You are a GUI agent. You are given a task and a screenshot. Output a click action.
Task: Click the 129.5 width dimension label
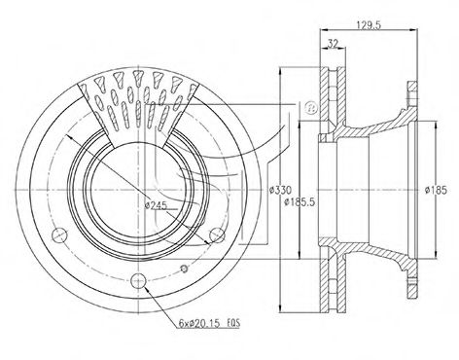(x=369, y=25)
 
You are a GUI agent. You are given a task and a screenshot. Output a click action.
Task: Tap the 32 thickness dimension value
(x=333, y=43)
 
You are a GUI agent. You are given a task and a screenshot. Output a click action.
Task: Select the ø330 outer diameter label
(x=281, y=190)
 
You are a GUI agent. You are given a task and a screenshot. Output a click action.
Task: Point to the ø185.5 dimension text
(x=300, y=202)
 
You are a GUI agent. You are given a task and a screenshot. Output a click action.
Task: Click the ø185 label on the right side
(x=436, y=190)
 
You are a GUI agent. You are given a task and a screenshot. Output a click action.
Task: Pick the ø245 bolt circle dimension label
(x=156, y=205)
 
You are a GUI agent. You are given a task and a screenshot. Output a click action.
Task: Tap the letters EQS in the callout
(x=233, y=323)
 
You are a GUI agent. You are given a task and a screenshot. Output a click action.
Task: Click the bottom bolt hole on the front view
(x=138, y=281)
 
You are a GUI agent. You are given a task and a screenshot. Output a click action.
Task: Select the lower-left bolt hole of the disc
(x=60, y=235)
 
